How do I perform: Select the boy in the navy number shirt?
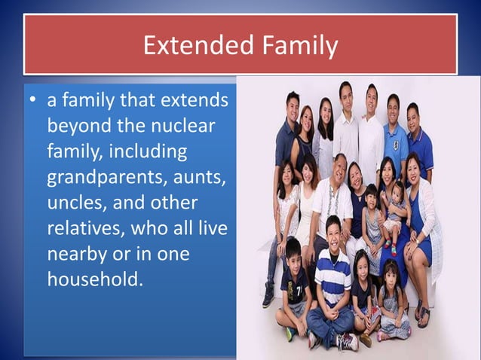[295, 286]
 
